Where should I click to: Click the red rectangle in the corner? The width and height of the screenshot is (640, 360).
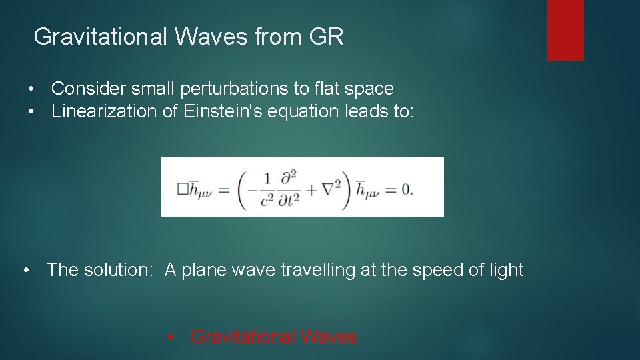pyautogui.click(x=565, y=30)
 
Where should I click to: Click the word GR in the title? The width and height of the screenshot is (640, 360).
pyautogui.click(x=327, y=37)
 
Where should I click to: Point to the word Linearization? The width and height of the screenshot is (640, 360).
pyautogui.click(x=105, y=111)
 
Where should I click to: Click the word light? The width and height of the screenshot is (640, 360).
pyautogui.click(x=507, y=270)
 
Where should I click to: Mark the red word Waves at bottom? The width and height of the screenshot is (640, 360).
pyautogui.click(x=328, y=337)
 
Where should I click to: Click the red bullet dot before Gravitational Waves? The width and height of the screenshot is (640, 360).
pyautogui.click(x=172, y=337)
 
